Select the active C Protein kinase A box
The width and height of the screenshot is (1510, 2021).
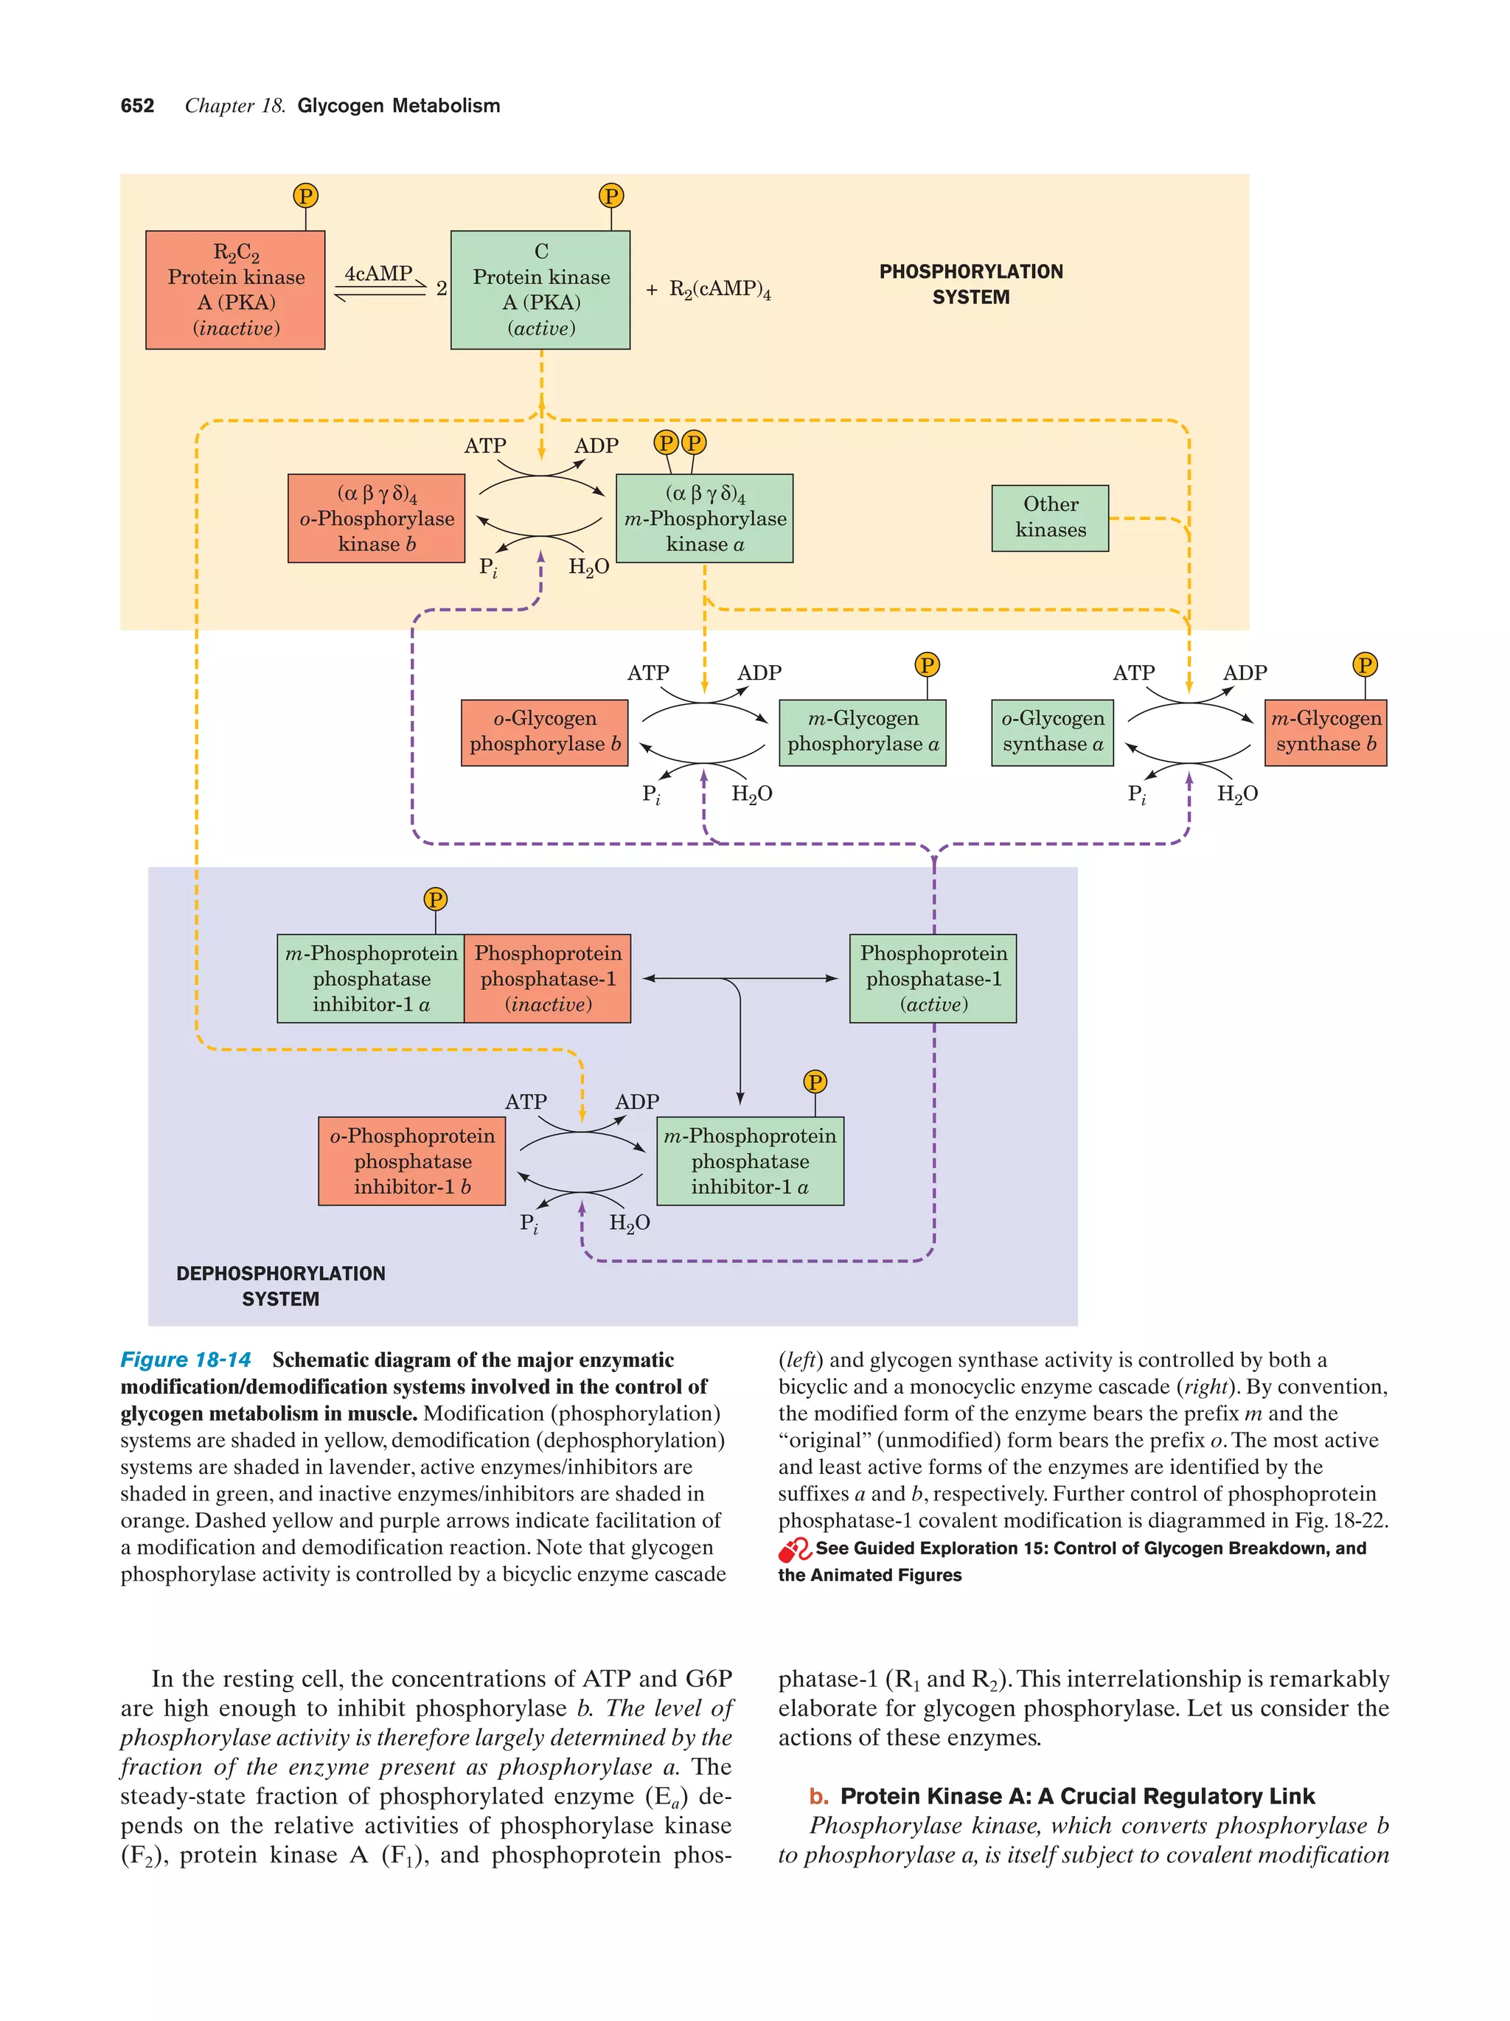540,290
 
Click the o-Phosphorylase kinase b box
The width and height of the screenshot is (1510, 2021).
376,518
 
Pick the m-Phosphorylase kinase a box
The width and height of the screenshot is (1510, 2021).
704,518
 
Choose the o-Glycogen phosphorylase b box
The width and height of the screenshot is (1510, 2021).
544,732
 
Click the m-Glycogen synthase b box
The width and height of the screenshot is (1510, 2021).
1324,732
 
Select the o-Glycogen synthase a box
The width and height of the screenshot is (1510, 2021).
1051,732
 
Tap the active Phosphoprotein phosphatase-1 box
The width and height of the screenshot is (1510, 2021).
932,978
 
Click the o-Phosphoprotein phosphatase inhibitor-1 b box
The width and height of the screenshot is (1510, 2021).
411,1161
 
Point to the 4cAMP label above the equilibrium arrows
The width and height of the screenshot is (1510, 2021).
378,274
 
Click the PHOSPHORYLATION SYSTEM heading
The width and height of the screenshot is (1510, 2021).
970,284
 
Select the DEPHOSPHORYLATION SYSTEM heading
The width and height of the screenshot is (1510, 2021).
280,1284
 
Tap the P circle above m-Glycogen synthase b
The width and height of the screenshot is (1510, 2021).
1364,664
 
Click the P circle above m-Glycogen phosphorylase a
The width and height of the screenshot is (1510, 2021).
926,664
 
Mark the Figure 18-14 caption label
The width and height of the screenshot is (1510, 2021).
186,1360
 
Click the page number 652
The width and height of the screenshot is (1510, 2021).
137,106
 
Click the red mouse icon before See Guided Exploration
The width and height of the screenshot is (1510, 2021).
794,1550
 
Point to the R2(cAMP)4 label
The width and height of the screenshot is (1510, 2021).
719,290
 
